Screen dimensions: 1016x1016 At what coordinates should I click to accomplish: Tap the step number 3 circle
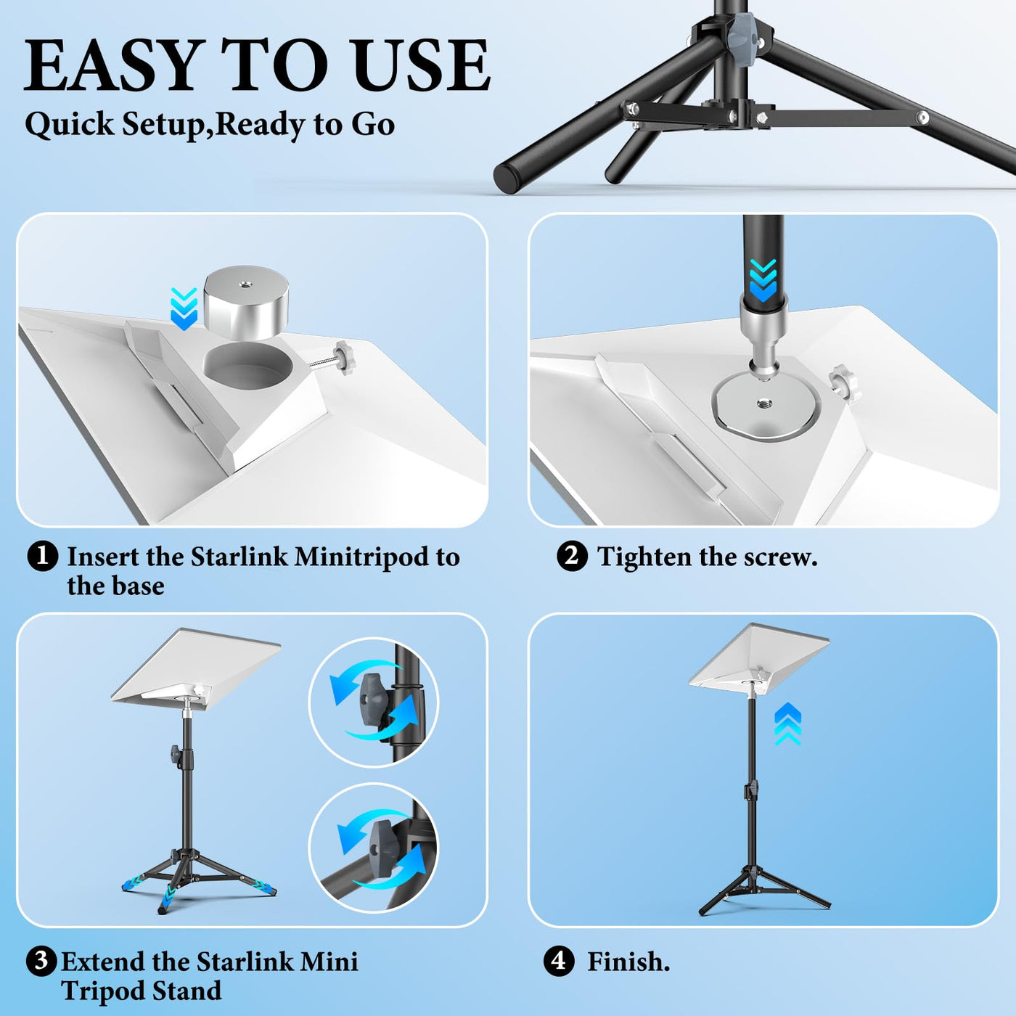41,961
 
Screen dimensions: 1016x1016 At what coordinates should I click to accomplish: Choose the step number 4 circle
559,961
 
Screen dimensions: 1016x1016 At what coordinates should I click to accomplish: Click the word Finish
628,962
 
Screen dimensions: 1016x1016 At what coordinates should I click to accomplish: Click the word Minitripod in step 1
377,557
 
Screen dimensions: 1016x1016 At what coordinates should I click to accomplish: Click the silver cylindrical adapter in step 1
246,302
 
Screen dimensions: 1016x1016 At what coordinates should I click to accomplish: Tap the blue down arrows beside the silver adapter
184,308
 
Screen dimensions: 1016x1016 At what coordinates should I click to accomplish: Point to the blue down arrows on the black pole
763,281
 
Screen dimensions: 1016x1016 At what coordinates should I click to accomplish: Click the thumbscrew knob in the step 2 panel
843,385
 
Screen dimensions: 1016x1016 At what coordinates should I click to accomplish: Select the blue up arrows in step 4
787,724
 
